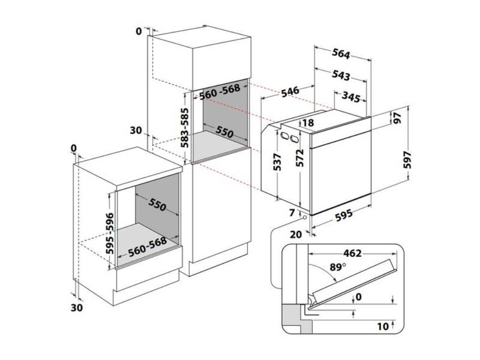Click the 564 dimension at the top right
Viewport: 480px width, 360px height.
341,54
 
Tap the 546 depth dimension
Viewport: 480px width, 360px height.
290,91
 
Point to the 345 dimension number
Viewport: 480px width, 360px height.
351,97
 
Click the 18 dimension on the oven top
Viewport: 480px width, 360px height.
308,123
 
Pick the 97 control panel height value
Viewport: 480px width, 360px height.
398,119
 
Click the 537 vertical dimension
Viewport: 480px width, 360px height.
277,162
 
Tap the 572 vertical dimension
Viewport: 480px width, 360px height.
300,158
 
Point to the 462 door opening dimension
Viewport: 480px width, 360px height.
352,254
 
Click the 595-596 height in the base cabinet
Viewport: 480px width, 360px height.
110,233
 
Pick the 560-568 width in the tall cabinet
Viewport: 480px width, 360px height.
219,91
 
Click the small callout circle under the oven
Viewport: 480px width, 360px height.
305,217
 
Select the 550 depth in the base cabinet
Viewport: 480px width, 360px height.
157,204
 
